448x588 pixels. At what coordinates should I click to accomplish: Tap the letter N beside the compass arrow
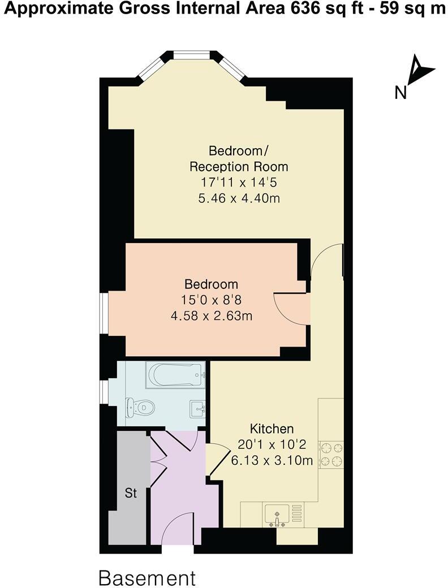pos(401,92)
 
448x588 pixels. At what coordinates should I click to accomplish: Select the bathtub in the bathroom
pos(175,375)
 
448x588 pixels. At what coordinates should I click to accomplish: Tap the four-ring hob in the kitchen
pos(331,454)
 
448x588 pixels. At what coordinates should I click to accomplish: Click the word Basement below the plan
pos(147,578)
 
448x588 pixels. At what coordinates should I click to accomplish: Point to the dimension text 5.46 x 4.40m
pos(238,198)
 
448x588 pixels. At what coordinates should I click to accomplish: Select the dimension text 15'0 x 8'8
pos(212,300)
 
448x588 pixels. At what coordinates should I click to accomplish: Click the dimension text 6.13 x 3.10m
pos(272,460)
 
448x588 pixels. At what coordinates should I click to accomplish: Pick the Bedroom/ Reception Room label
pos(238,159)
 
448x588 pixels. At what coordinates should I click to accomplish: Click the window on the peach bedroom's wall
pos(104,312)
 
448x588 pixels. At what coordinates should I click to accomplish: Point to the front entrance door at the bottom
pos(178,534)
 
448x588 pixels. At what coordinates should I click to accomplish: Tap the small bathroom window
pos(104,392)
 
